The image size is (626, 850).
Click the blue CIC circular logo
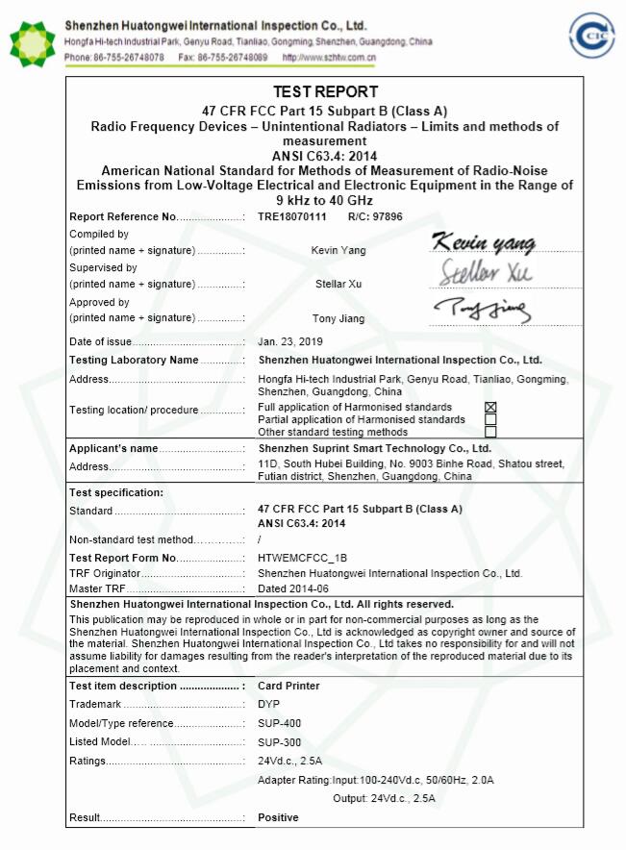pyautogui.click(x=591, y=37)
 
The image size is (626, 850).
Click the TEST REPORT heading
pyautogui.click(x=326, y=92)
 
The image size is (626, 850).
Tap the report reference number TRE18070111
pyautogui.click(x=292, y=217)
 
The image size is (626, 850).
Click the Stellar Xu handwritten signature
pyautogui.click(x=487, y=272)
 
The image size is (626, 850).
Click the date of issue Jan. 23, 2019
pyautogui.click(x=290, y=341)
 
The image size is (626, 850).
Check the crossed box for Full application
pyautogui.click(x=490, y=408)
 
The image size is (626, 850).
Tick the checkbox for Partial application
pyautogui.click(x=490, y=420)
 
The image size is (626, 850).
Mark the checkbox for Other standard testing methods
pyautogui.click(x=490, y=433)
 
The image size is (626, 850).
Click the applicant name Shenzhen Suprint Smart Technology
pyautogui.click(x=374, y=448)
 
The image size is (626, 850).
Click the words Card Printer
pyautogui.click(x=288, y=687)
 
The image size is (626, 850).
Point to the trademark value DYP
pyautogui.click(x=269, y=705)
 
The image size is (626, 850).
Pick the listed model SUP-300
pyautogui.click(x=280, y=742)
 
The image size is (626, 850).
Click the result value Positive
pyautogui.click(x=278, y=817)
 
